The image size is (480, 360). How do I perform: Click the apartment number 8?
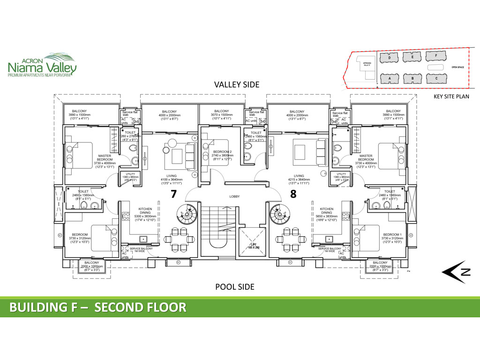coord(293,194)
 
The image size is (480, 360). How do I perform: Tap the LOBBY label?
coord(234,196)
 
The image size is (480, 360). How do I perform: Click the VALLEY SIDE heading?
coord(236,85)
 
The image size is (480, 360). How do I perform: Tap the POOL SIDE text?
coord(234,286)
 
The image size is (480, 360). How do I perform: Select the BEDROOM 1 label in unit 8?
coord(392,234)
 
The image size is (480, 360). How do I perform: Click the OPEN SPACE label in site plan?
coord(457,67)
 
